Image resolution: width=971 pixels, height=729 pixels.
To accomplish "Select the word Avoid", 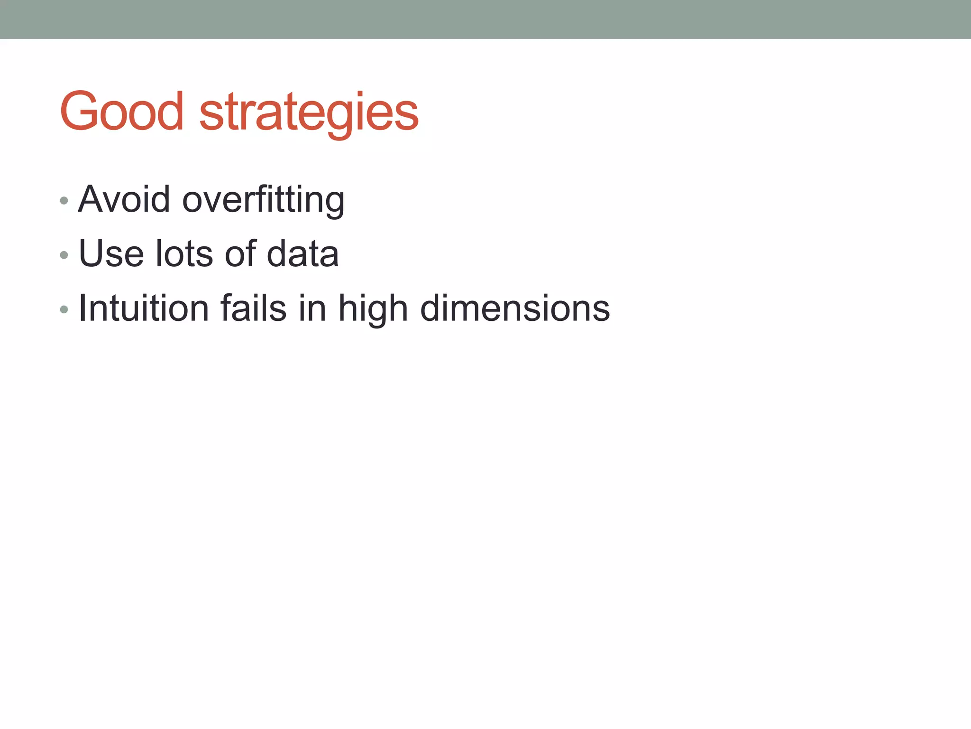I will pos(124,199).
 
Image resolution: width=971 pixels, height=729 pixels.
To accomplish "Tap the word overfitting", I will pos(264,200).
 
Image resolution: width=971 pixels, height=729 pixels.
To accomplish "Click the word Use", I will pos(111,254).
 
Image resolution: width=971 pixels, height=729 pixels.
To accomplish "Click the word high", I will pos(373,309).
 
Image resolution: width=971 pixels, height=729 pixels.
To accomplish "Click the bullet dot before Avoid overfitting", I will pos(64,201).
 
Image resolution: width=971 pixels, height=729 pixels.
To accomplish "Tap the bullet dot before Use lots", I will pos(64,255).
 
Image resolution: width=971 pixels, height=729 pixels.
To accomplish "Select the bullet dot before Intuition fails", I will pos(64,310).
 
